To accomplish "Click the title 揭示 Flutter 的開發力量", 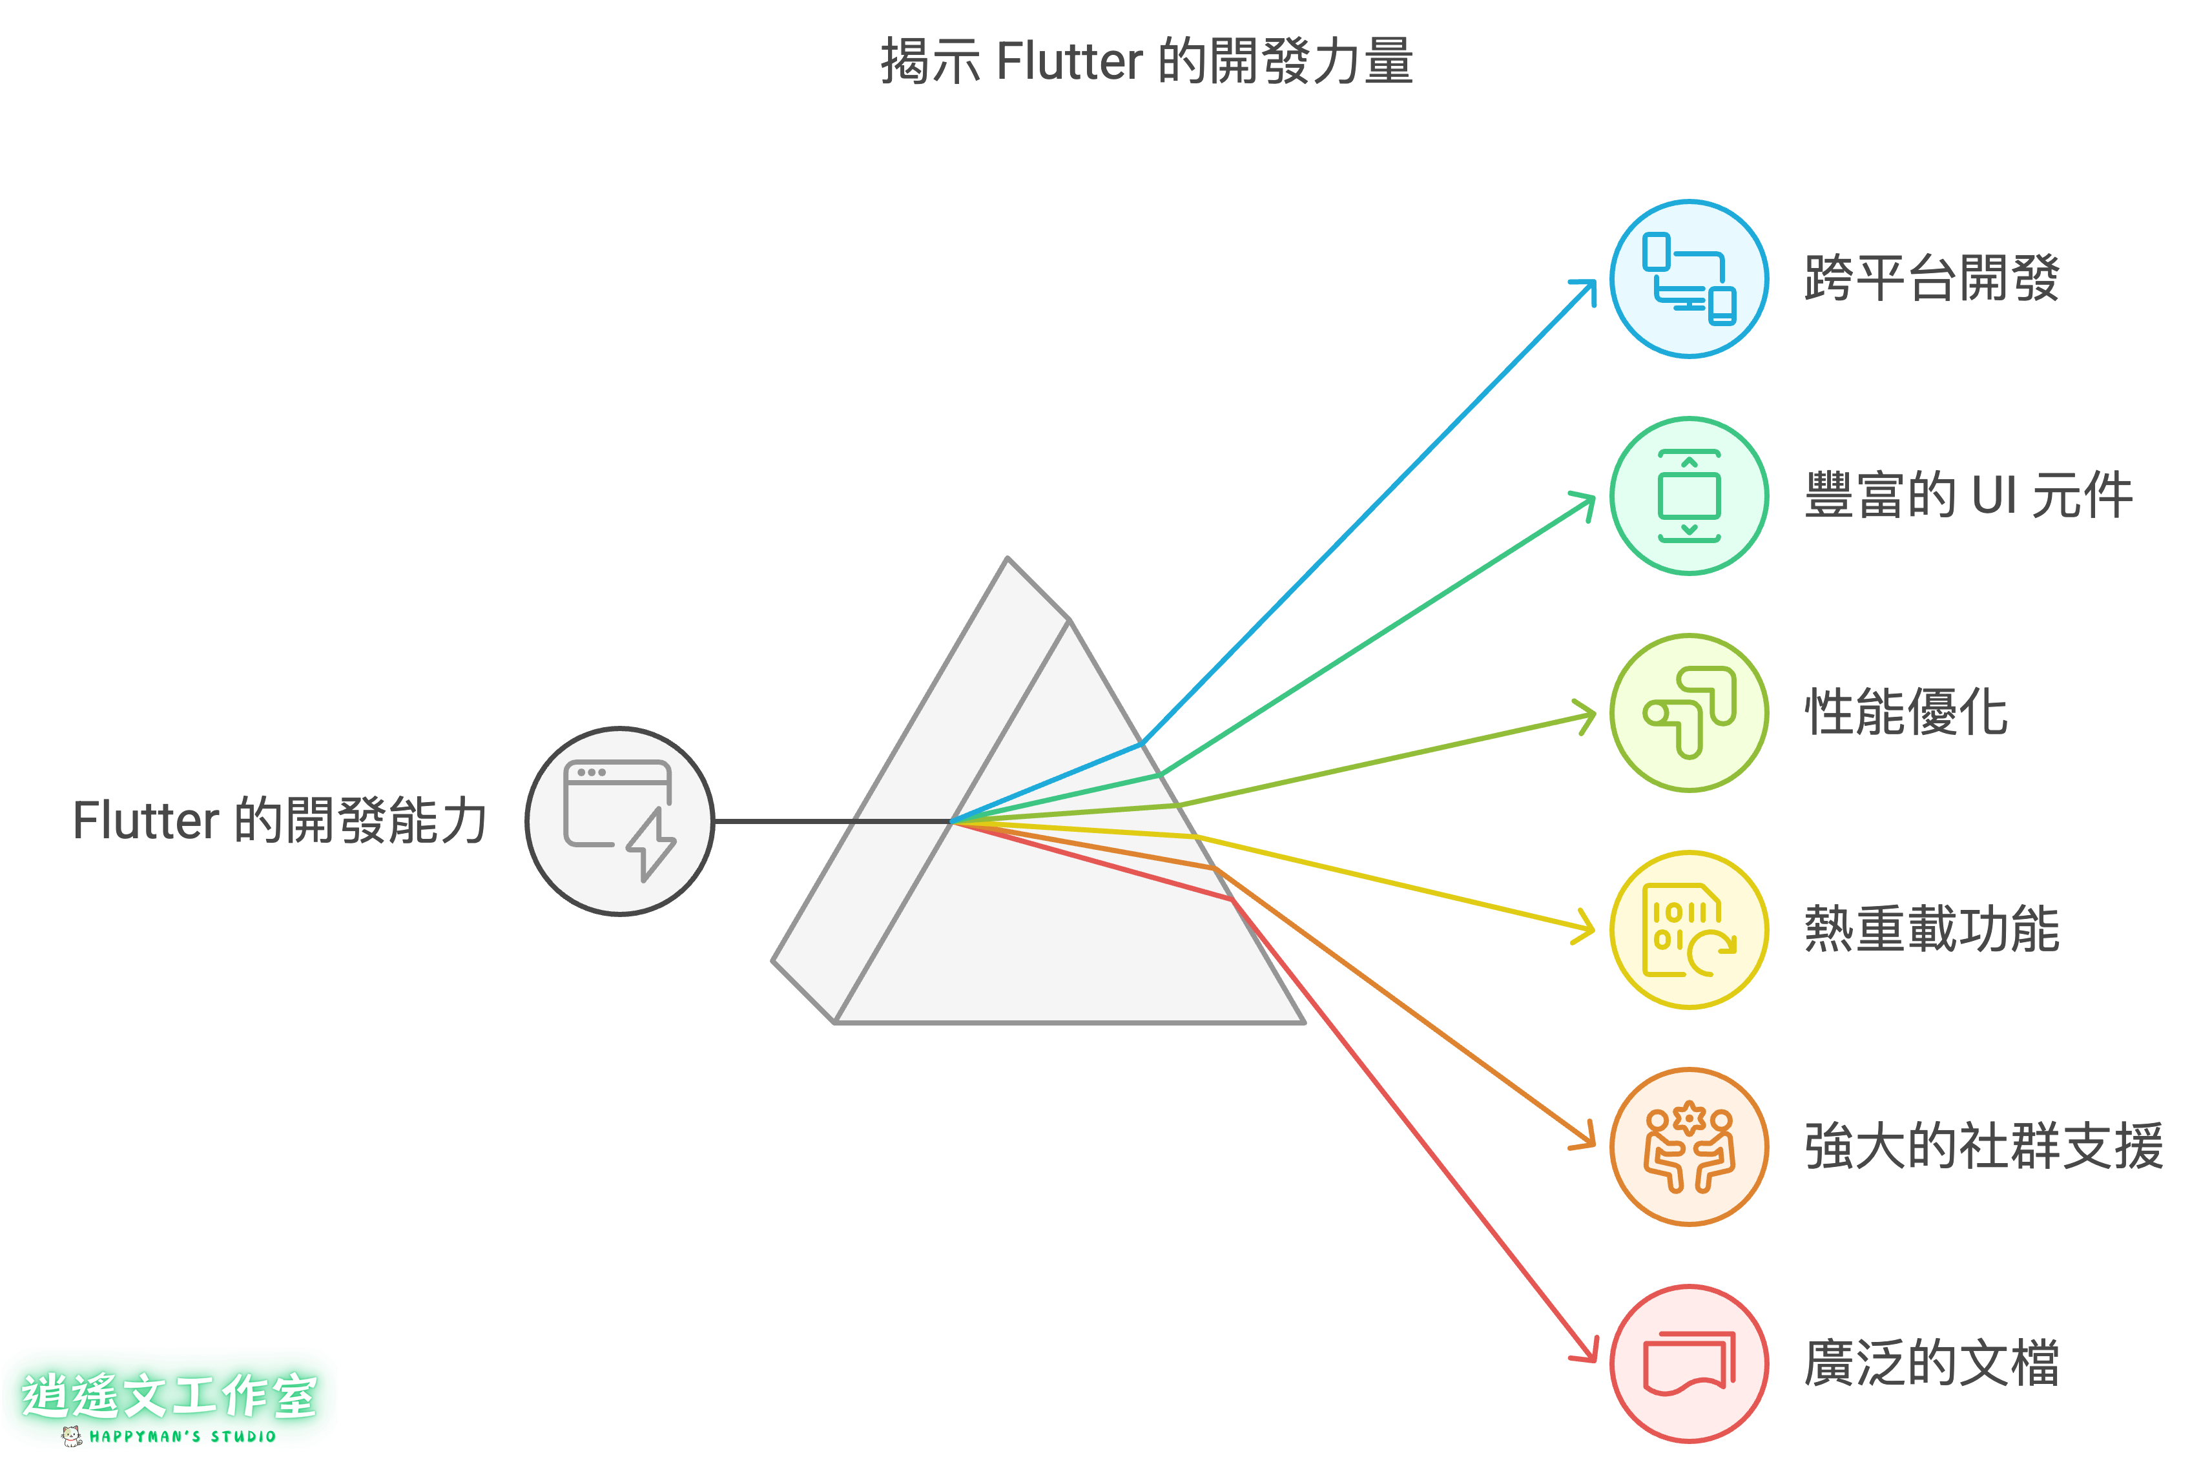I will pyautogui.click(x=1146, y=62).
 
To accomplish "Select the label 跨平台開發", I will pyautogui.click(x=1932, y=280).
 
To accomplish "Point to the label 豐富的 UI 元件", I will pyautogui.click(x=1968, y=496).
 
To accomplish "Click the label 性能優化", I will pyautogui.click(x=1906, y=713).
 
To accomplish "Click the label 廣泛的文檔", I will pyautogui.click(x=1932, y=1363).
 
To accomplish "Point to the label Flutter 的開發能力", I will pyautogui.click(x=280, y=820).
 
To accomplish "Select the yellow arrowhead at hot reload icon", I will pyautogui.click(x=1587, y=929).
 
